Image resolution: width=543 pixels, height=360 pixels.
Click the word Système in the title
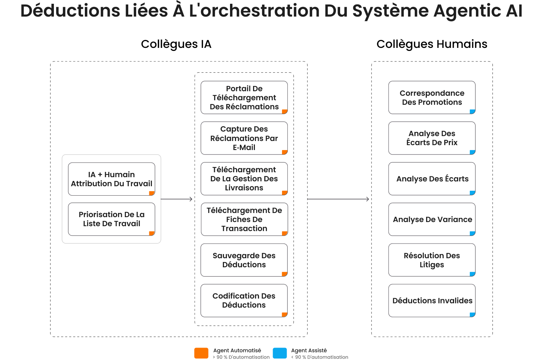(390, 11)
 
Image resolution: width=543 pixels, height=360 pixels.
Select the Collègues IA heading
(176, 44)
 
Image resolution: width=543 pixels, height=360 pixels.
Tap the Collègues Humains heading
(432, 44)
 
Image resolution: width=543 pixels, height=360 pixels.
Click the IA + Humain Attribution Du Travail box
(112, 179)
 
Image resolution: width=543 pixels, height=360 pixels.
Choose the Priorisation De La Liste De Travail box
(112, 219)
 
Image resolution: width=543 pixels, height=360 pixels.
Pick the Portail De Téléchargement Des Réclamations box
(244, 98)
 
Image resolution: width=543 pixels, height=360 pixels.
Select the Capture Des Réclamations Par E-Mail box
(244, 138)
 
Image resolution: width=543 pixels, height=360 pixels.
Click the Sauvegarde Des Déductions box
(244, 260)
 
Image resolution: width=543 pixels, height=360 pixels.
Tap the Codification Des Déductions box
(244, 301)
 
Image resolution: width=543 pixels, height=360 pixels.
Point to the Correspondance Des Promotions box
(432, 98)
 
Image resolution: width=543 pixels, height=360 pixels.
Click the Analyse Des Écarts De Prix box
(432, 138)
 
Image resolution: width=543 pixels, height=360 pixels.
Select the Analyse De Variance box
(432, 219)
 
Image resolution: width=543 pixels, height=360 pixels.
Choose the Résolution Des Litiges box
(432, 260)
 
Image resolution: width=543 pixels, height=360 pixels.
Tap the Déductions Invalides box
(432, 301)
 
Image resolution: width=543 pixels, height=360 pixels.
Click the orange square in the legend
(201, 353)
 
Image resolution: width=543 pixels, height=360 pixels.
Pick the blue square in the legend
(280, 353)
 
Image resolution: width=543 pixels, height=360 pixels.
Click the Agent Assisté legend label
(309, 350)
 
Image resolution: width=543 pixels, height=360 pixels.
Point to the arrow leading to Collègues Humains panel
(338, 199)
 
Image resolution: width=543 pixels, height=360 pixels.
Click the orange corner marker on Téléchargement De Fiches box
(285, 233)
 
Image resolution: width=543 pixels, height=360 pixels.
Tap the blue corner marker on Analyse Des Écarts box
(472, 193)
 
